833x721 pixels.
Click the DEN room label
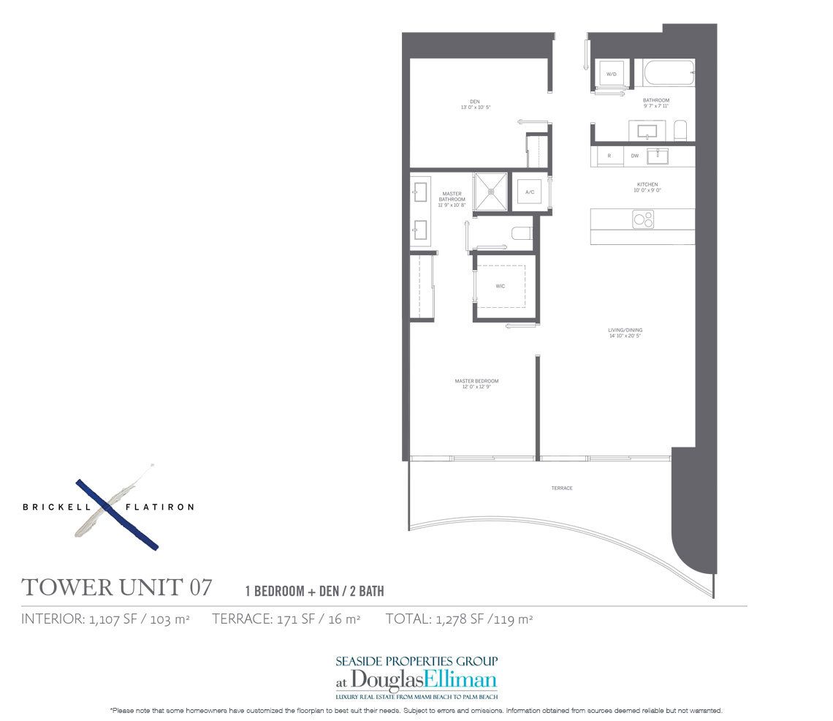[474, 102]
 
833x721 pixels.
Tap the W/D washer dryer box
[611, 73]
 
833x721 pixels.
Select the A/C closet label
[530, 192]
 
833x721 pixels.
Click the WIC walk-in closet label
[501, 286]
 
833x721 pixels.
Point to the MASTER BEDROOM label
[476, 381]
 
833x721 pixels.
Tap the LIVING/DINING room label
[625, 331]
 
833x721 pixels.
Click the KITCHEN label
[647, 184]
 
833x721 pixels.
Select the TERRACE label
[562, 488]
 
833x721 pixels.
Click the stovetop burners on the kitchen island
[643, 218]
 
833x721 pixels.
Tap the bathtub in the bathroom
[669, 74]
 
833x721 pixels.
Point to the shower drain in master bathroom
[492, 192]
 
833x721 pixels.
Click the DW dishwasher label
[634, 156]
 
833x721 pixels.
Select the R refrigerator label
[609, 156]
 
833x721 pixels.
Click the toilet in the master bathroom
[522, 234]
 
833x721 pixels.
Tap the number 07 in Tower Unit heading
[201, 586]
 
